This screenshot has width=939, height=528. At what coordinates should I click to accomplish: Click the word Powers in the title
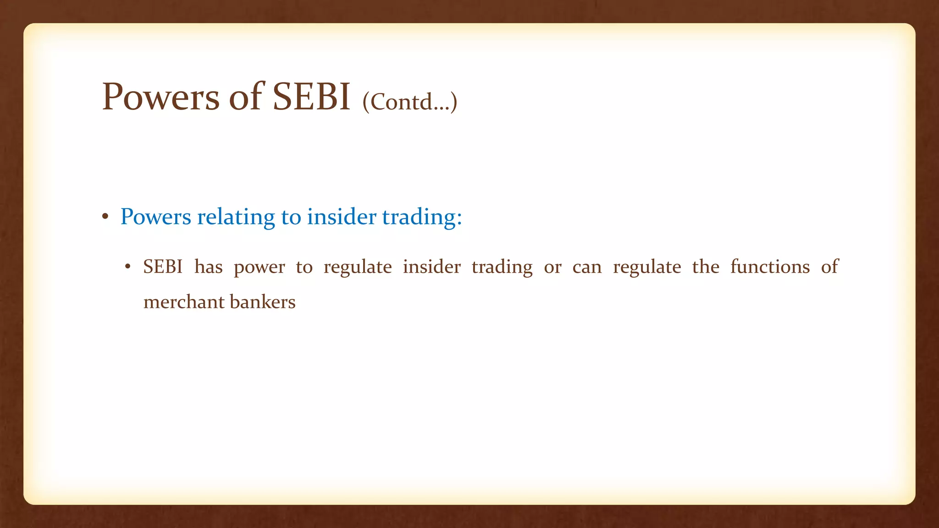pyautogui.click(x=160, y=97)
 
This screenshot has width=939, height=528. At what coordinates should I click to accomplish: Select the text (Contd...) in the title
pyautogui.click(x=409, y=102)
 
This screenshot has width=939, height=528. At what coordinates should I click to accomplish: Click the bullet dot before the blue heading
pyautogui.click(x=105, y=217)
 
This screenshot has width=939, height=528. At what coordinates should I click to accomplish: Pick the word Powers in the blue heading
pyautogui.click(x=155, y=217)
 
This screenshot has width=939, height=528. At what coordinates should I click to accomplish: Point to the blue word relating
pyautogui.click(x=236, y=217)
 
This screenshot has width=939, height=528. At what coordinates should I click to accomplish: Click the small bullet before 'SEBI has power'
pyautogui.click(x=128, y=267)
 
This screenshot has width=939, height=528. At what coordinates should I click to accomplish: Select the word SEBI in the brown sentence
pyautogui.click(x=163, y=267)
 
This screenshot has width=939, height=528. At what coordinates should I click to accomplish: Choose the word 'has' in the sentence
pyautogui.click(x=208, y=267)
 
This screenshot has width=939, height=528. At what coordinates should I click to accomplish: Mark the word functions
pyautogui.click(x=770, y=267)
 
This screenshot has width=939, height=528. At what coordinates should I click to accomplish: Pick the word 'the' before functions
pyautogui.click(x=706, y=267)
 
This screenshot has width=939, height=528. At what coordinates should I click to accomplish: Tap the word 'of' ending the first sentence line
pyautogui.click(x=829, y=267)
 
